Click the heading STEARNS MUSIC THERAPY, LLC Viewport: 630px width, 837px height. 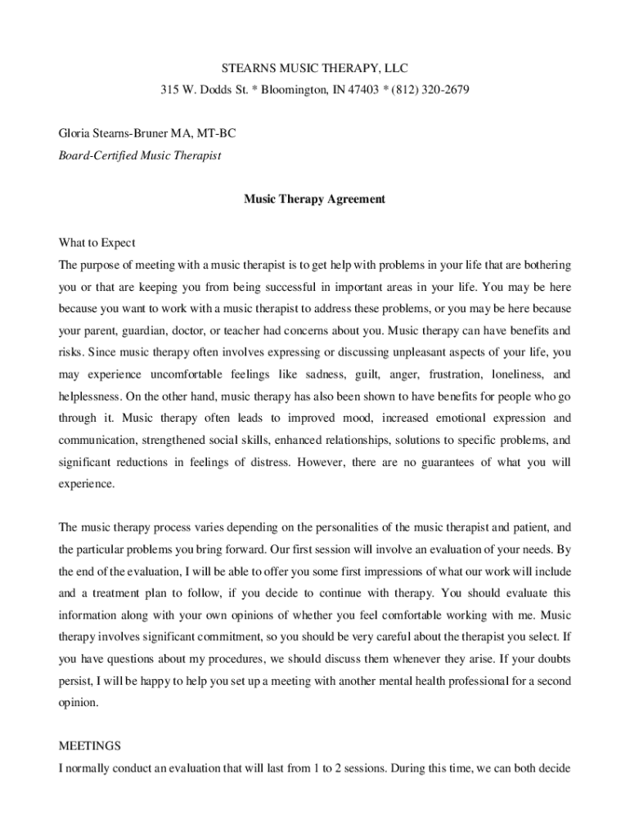[x=314, y=67]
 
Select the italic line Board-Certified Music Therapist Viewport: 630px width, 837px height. [x=140, y=155]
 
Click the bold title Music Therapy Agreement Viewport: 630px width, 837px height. [x=314, y=199]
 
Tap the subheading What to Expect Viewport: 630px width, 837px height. [x=97, y=243]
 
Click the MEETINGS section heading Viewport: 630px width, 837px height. [x=90, y=745]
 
